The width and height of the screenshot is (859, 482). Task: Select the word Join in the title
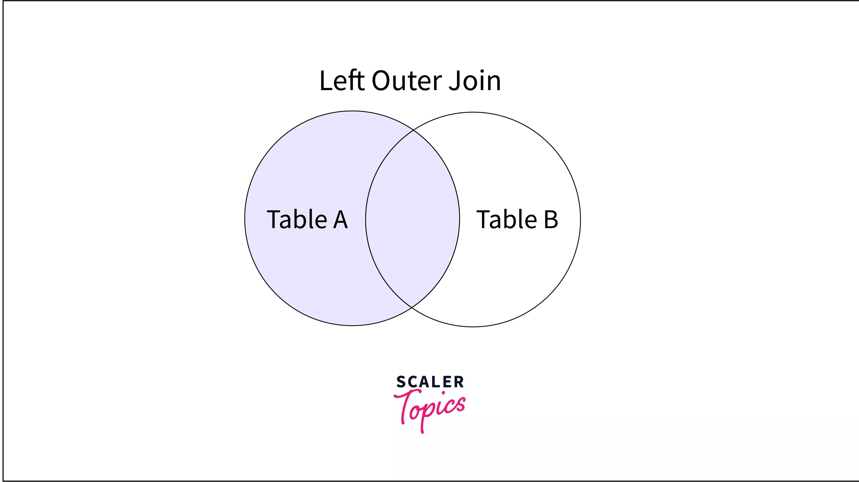pyautogui.click(x=475, y=80)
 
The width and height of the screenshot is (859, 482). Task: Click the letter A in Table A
pyautogui.click(x=340, y=220)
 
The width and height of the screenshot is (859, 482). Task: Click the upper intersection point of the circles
pyautogui.click(x=413, y=130)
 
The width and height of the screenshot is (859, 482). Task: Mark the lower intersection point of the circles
pyautogui.click(x=412, y=307)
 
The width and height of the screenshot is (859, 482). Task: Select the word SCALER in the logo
pyautogui.click(x=430, y=382)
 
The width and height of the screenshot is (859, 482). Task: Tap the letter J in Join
pyautogui.click(x=454, y=81)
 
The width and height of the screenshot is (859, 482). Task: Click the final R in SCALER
pyautogui.click(x=458, y=382)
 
